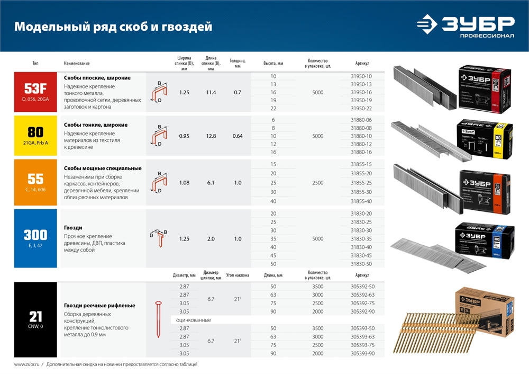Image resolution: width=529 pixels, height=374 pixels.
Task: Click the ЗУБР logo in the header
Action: point(465,26)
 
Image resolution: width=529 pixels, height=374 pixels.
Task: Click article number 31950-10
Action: point(361,76)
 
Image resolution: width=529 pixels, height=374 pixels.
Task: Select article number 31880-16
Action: point(361,152)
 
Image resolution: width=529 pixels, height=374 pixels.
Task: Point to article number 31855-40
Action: point(361,201)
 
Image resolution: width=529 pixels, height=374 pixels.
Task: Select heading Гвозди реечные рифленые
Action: point(99,305)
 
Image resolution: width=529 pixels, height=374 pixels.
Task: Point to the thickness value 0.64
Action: point(238,136)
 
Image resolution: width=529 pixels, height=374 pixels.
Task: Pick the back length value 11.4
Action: point(211,92)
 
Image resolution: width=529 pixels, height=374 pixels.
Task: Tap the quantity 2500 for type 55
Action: point(317,183)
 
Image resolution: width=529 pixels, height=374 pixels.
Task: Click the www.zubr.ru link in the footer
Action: point(25,364)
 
